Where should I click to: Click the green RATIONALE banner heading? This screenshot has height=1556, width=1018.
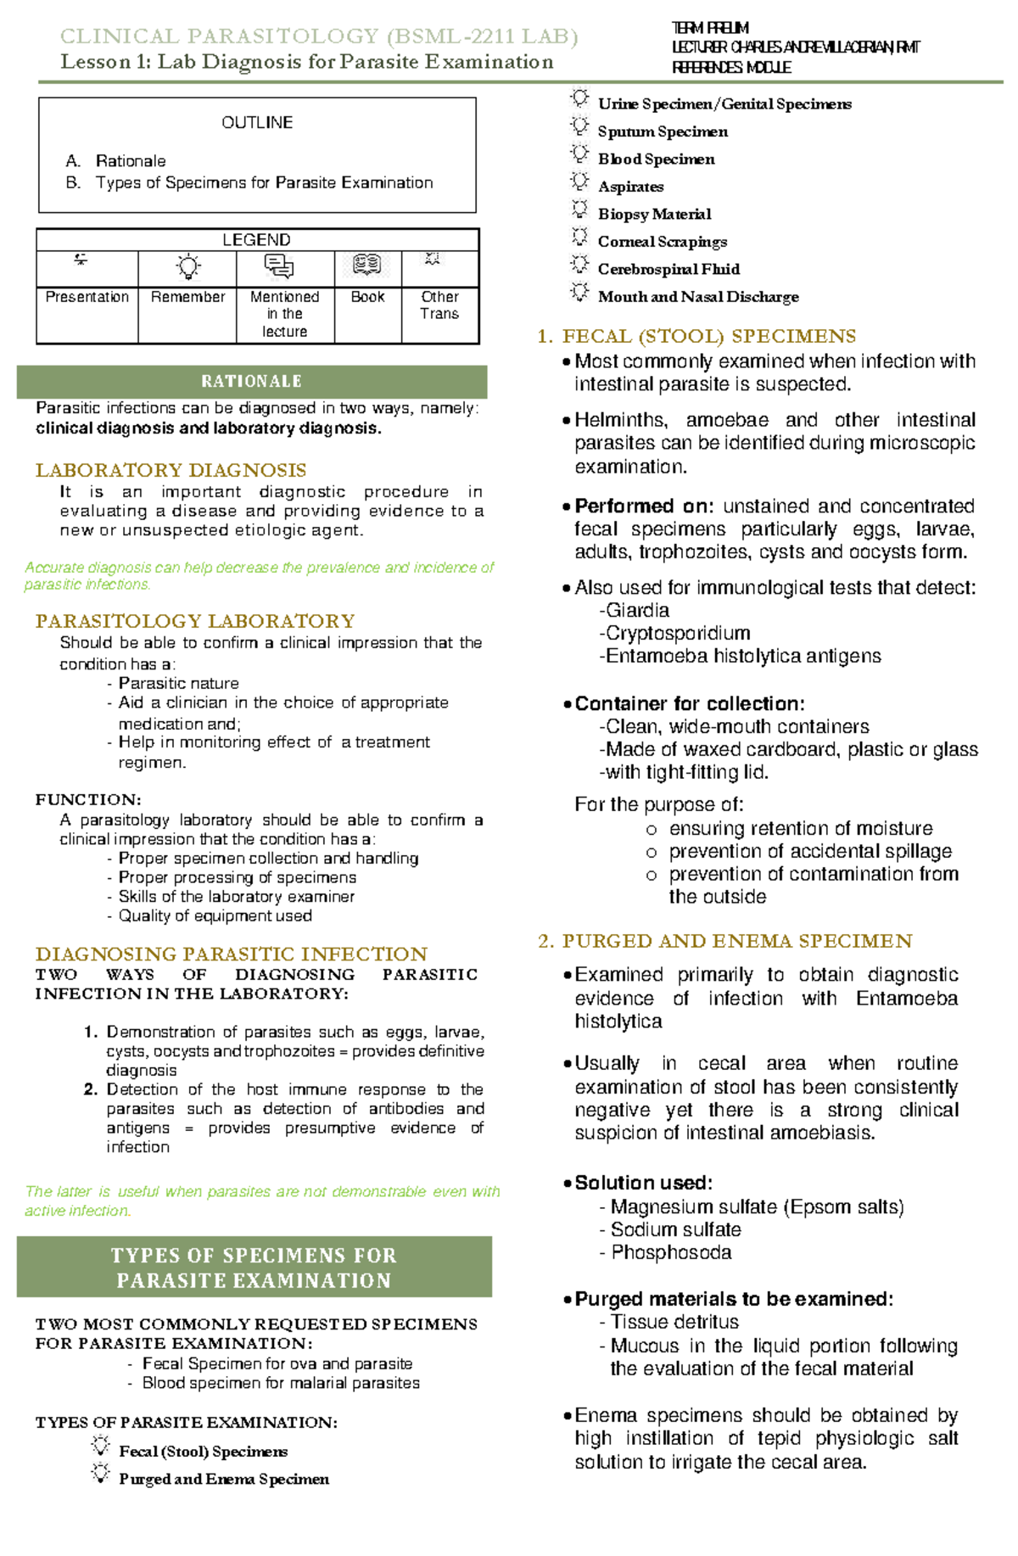coord(251,382)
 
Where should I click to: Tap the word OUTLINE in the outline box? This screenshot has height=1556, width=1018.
coord(257,123)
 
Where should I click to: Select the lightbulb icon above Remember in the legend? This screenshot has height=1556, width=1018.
coord(187,267)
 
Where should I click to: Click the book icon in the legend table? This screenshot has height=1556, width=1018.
coord(367,266)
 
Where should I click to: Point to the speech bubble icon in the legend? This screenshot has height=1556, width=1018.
coord(279,266)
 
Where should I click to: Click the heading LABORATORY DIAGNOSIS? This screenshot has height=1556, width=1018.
coord(171,470)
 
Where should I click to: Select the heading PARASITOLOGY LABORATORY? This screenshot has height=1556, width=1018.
coord(195,621)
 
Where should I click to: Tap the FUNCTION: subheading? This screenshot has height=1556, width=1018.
coord(88,799)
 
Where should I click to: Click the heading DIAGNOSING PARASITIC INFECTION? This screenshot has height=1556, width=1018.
coord(231,954)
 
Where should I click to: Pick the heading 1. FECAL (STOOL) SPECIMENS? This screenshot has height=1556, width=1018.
coord(696,336)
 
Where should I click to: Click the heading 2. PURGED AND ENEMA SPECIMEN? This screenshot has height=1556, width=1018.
coord(724,941)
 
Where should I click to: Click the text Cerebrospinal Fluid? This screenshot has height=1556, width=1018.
coord(668,269)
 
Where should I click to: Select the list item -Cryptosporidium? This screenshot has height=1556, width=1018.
coord(674,633)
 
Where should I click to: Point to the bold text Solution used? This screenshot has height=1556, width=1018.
coord(643,1183)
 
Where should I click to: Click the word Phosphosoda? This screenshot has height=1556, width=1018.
coord(670,1252)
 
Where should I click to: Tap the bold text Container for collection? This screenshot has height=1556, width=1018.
coord(689,703)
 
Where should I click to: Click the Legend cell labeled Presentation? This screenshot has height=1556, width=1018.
coord(87,297)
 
